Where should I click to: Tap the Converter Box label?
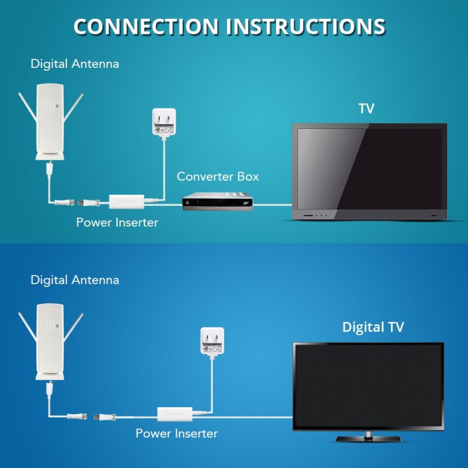218,176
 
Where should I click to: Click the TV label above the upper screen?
366,108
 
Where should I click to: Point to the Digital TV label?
373,327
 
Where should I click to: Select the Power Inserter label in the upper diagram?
117,222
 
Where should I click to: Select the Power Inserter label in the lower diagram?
177,433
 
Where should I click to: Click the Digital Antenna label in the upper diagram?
75,64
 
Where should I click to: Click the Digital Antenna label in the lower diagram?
75,280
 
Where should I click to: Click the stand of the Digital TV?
368,437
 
